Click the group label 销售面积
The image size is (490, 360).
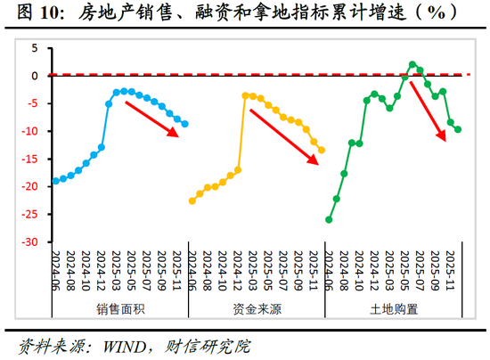pos(120,309)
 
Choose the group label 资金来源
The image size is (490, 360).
pos(257,309)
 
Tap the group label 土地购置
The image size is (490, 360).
pos(393,309)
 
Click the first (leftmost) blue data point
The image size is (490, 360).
pos(55,181)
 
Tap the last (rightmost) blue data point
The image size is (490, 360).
pos(185,124)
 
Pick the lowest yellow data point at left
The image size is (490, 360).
pos(192,200)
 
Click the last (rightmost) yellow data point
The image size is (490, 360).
pos(322,150)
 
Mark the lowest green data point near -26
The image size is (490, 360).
pos(329,219)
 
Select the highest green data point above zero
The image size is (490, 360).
pos(412,65)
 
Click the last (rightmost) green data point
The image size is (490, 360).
pos(458,129)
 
